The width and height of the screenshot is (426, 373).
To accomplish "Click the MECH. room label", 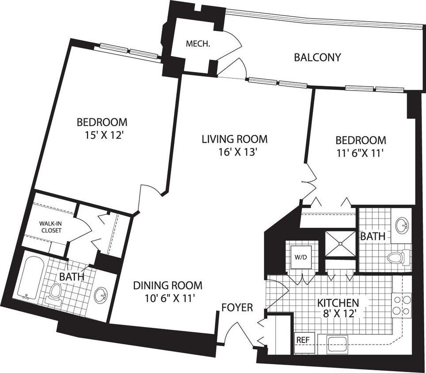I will pyautogui.click(x=197, y=44).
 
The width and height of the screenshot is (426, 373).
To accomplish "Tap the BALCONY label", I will pyautogui.click(x=317, y=57).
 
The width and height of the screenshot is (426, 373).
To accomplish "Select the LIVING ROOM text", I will pyautogui.click(x=234, y=139).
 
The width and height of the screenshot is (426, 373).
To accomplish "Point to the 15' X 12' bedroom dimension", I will pyautogui.click(x=102, y=135).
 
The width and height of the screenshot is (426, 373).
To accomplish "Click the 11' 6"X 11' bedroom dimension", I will pyautogui.click(x=361, y=153).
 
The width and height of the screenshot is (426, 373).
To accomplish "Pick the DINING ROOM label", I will pyautogui.click(x=167, y=285).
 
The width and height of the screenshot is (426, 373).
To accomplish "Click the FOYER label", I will pyautogui.click(x=237, y=307).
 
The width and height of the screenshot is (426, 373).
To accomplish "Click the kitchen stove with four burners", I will pyautogui.click(x=402, y=305).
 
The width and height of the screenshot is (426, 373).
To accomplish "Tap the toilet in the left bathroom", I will pyautogui.click(x=56, y=293).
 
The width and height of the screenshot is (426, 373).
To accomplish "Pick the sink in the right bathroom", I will pyautogui.click(x=402, y=225).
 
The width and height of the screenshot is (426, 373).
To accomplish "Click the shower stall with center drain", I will pyautogui.click(x=340, y=243).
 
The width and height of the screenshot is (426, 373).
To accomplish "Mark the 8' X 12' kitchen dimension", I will pyautogui.click(x=338, y=316).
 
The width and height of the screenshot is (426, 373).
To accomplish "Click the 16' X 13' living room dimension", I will pyautogui.click(x=234, y=153).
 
